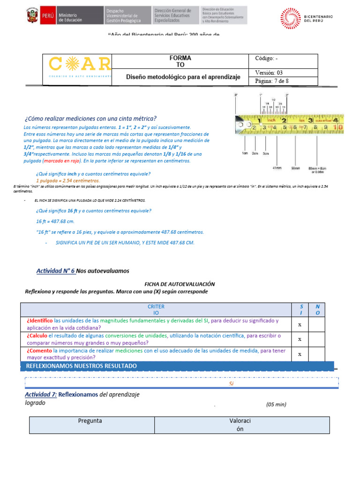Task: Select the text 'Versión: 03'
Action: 269,73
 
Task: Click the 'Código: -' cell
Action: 266,59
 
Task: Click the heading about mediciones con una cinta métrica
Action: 90,119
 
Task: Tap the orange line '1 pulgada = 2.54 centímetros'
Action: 67,180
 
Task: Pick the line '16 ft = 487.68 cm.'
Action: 55,221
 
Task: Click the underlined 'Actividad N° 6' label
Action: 55,271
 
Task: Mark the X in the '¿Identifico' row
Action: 300,324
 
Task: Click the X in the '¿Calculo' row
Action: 300,339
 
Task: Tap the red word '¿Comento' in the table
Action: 39,351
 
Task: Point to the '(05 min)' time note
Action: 276,404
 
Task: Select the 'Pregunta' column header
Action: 91,421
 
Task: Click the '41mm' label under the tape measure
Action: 278,167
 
